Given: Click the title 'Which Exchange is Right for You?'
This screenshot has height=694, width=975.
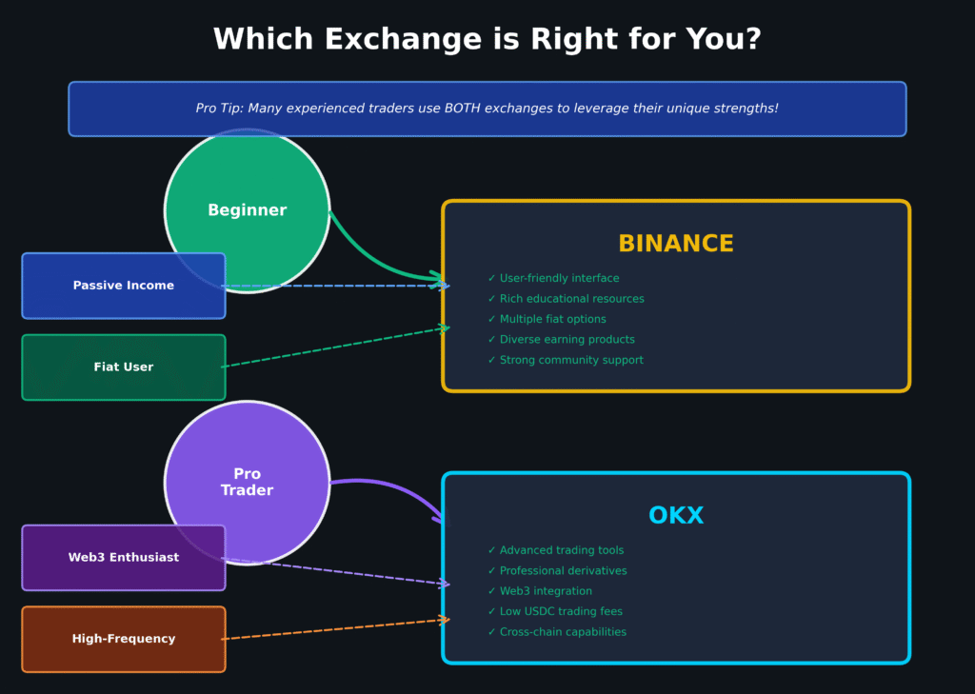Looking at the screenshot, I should click(487, 40).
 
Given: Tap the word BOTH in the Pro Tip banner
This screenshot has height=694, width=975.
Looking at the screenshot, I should click(466, 109).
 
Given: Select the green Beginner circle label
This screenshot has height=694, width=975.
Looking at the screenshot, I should click(247, 210).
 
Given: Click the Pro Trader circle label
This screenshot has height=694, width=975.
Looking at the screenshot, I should click(247, 482).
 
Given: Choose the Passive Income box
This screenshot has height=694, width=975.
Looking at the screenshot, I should click(124, 286).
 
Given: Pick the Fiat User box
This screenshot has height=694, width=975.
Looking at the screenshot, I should click(124, 367).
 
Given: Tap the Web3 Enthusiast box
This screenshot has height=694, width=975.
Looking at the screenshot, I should click(124, 558).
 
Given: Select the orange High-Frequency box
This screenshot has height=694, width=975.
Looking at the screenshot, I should click(124, 640).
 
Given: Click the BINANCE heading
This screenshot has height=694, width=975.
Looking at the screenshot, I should click(676, 244).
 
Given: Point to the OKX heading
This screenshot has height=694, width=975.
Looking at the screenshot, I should click(676, 516).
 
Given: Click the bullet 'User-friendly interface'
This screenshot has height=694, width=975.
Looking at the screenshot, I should click(559, 278).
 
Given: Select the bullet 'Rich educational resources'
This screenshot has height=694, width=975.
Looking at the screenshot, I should click(571, 299).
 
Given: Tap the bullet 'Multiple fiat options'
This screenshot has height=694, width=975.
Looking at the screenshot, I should click(552, 319).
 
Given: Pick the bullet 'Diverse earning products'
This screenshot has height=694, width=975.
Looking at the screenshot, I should click(567, 340).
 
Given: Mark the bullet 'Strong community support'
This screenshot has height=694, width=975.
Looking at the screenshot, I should click(571, 360).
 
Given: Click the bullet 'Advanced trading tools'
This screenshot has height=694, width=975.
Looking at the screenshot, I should click(562, 550).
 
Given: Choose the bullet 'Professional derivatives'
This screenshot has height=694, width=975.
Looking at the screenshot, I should click(563, 571).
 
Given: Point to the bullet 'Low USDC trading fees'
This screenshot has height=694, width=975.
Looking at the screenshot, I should click(561, 611).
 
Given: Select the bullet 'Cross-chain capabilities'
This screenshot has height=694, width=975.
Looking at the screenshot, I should click(563, 632).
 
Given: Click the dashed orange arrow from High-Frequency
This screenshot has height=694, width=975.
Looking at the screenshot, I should click(333, 629).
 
